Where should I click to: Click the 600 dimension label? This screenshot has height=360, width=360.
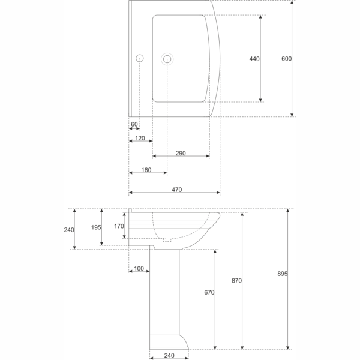(286, 59)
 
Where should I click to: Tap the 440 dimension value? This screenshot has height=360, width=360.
(254, 59)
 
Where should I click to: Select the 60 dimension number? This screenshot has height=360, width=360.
(134, 124)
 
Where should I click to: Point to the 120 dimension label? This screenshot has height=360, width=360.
(140, 138)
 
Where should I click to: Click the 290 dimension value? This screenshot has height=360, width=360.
(181, 153)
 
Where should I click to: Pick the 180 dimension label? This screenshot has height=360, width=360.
(146, 170)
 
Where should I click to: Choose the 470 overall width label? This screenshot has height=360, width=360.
(177, 190)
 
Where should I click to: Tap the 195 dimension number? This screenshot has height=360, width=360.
(96, 227)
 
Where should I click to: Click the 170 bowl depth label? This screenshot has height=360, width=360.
(119, 226)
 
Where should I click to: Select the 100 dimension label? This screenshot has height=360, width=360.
(139, 268)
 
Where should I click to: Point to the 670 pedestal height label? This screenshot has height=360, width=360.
(209, 292)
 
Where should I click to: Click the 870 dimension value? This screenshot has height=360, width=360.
(236, 281)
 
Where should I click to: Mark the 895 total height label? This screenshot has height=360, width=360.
(283, 274)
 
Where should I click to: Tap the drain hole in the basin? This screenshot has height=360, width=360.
(167, 59)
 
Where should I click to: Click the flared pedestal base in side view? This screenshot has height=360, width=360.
(169, 343)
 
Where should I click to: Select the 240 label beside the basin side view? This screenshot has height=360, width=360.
(69, 230)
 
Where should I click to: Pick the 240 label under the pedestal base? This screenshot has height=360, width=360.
(169, 355)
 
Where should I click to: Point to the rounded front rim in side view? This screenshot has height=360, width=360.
(217, 216)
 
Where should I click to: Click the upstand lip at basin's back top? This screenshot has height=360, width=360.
(130, 211)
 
